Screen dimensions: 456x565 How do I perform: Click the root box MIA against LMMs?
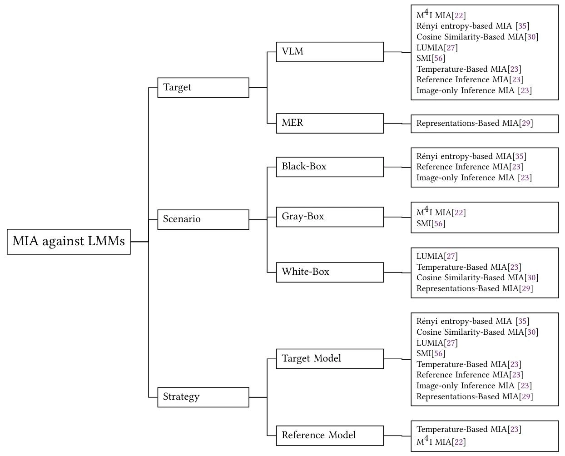69,242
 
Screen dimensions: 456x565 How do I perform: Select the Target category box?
203,88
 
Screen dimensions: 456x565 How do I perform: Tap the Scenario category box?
203,219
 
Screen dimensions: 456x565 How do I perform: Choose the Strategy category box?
203,397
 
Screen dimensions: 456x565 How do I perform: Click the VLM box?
330,52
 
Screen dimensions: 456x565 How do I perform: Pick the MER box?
330,123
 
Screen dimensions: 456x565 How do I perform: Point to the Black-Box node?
330,167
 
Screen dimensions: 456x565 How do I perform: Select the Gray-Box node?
330,217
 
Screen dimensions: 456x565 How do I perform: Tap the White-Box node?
330,272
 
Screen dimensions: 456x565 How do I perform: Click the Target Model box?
330,359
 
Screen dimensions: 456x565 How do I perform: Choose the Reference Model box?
330,436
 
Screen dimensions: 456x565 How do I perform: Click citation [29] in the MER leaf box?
526,123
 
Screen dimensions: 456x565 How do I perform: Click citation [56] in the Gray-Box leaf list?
438,223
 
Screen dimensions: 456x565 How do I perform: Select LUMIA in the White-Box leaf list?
430,256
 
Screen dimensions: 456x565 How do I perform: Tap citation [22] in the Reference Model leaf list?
459,442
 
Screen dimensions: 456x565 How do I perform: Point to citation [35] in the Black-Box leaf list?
519,156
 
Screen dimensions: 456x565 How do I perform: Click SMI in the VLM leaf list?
423,58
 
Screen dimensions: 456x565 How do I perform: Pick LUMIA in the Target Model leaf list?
430,343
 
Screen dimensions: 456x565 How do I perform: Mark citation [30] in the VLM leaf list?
531,37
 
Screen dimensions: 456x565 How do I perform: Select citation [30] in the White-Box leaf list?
531,278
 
